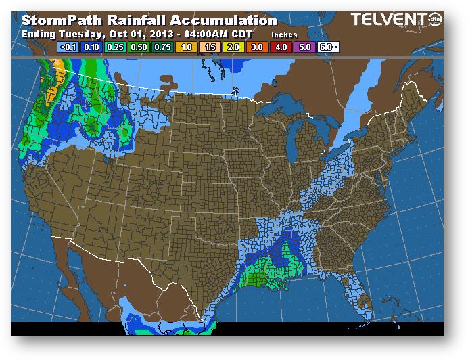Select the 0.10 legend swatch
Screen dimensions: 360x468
click(x=91, y=47)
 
